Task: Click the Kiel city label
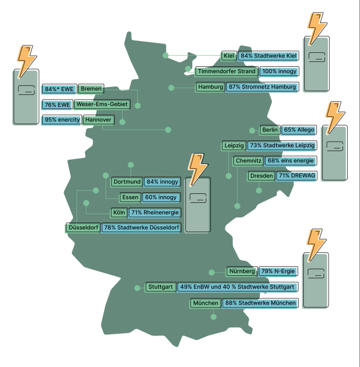coord(228,56)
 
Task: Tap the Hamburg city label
coord(210,87)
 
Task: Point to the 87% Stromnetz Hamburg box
coord(262,87)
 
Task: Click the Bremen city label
coord(91,89)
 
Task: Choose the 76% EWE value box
coord(57,105)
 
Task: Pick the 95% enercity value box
coord(61,120)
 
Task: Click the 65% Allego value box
coord(299,130)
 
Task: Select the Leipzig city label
coord(233,146)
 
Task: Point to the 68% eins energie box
coord(288,161)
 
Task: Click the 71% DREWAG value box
coord(296,176)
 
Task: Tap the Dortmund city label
coord(127,182)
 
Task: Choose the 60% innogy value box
coord(161,197)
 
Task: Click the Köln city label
coord(119,212)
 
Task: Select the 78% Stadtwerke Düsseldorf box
coord(141,228)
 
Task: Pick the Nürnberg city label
coord(242,271)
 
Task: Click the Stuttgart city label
coord(161,287)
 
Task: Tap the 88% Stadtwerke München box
coord(260,303)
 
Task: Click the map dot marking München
coord(213,316)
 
